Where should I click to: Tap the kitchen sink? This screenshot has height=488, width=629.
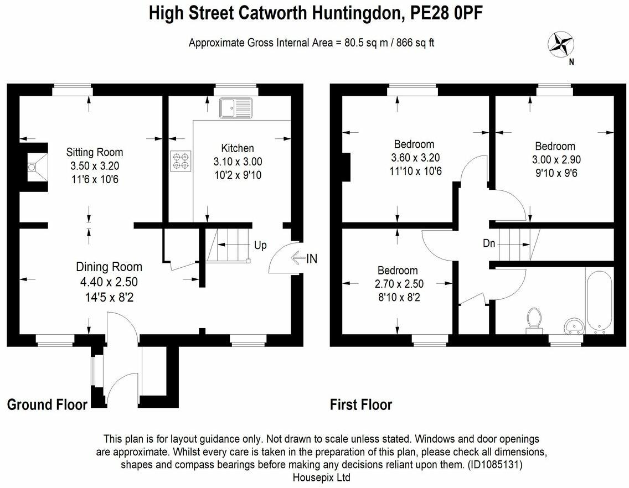pos(235,108)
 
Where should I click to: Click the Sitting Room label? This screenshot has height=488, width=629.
pos(95,152)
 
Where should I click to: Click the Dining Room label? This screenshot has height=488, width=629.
pos(109,267)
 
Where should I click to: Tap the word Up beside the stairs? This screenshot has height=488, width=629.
pos(260,245)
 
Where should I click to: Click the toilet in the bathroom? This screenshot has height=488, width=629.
pos(534,320)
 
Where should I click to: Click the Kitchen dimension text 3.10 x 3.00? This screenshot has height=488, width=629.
pos(238,162)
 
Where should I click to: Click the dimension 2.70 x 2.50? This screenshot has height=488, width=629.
pos(398,284)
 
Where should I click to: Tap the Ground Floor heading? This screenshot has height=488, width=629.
pos(47,405)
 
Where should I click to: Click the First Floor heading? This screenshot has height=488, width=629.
pos(361,405)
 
